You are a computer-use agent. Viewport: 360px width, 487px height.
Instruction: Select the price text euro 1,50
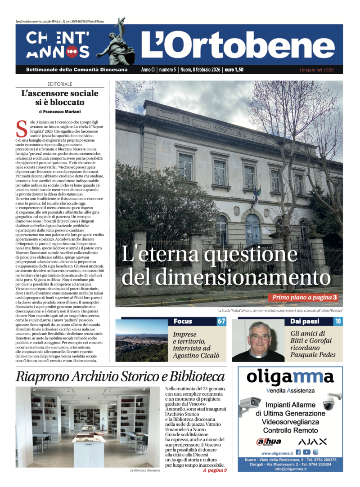click(234, 70)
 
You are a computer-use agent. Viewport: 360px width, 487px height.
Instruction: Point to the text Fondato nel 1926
click(316, 70)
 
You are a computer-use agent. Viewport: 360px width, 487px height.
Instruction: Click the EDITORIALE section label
click(60, 84)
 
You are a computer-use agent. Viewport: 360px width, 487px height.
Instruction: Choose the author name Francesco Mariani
click(63, 111)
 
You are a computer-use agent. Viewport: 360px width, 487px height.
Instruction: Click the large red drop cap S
click(21, 129)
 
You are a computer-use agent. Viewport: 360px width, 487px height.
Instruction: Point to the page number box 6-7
click(221, 322)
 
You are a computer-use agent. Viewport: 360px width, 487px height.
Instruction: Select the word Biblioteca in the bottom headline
click(193, 376)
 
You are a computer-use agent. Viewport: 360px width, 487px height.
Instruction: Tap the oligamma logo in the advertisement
click(290, 377)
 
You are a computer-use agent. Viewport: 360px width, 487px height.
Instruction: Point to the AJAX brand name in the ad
click(312, 442)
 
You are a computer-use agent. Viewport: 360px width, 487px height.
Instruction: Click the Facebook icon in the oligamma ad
click(298, 452)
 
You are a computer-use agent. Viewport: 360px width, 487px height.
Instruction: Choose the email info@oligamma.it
click(290, 469)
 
